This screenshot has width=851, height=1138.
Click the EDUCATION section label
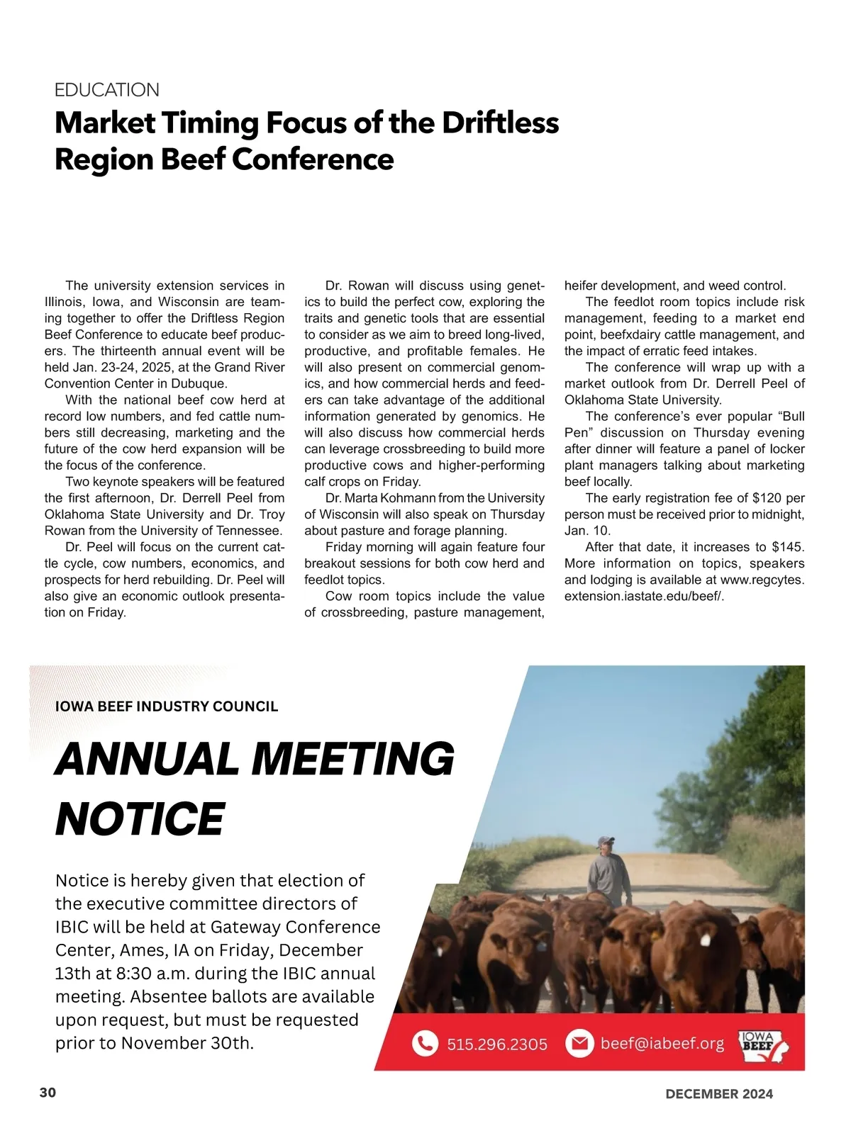coord(107,90)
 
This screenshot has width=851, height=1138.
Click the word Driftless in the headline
coord(500,123)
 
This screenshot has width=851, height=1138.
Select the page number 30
coord(48,1092)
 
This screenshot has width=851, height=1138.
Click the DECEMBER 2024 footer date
coord(718,1093)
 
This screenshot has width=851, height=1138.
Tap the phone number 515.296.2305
coord(497,1044)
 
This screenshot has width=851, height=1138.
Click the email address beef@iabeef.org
coord(662,1043)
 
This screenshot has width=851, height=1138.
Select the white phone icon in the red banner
coord(425,1043)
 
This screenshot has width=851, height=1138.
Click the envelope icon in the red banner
coord(579,1043)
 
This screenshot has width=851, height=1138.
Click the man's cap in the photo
coord(606,840)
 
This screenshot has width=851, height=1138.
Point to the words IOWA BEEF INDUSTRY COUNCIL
coord(167,706)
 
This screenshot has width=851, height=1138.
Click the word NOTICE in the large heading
coord(140,818)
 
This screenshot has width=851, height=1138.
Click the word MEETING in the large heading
coord(352,759)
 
